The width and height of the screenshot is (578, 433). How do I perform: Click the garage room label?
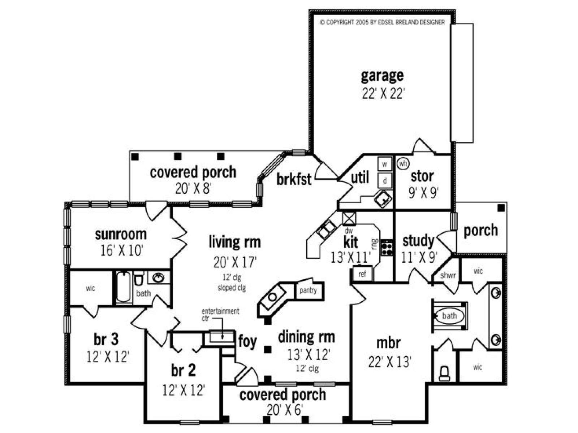click(382, 76)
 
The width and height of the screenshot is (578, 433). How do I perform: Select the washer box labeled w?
click(385, 164)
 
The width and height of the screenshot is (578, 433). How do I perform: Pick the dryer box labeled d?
click(385, 181)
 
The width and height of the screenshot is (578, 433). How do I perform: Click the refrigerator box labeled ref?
click(363, 274)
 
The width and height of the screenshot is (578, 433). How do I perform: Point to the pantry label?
click(308, 290)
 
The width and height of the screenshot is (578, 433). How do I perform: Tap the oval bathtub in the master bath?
click(449, 316)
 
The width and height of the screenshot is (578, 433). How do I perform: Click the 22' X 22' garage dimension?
click(383, 93)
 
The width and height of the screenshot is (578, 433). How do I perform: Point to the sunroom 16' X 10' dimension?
click(121, 250)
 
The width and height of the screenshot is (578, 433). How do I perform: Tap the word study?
click(418, 241)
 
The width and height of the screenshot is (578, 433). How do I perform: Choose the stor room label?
click(422, 177)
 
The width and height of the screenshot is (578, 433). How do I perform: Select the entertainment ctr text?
click(220, 314)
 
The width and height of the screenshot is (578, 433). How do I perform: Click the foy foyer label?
click(247, 341)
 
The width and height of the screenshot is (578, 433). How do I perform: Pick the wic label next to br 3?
click(90, 288)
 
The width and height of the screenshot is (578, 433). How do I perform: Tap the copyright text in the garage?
click(382, 22)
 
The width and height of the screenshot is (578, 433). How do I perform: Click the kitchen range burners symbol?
click(387, 248)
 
